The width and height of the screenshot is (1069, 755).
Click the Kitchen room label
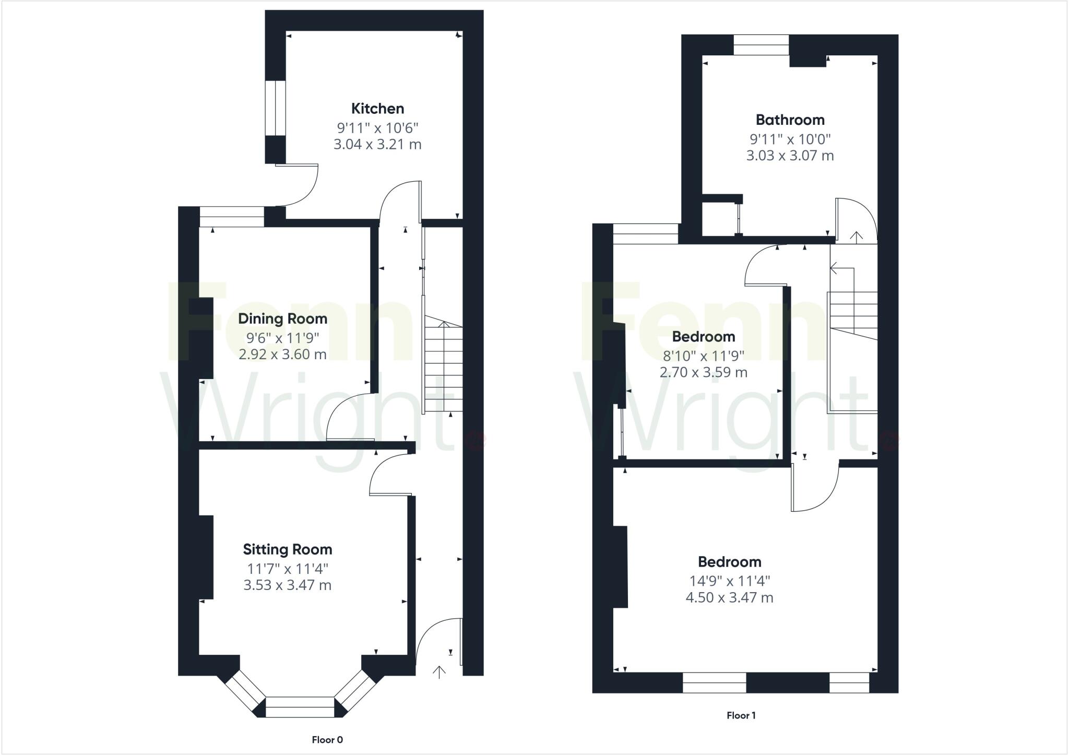tap(377, 109)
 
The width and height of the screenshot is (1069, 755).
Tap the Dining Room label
tap(282, 318)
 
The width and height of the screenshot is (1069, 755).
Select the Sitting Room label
tap(287, 549)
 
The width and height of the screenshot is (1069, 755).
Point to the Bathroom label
tap(790, 120)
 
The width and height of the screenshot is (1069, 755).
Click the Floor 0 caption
tap(327, 739)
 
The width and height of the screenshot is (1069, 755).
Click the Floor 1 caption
tap(741, 715)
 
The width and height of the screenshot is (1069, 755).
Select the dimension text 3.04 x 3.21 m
tap(377, 144)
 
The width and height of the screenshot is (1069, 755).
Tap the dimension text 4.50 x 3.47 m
tap(729, 597)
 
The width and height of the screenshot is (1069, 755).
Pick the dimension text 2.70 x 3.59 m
tap(703, 372)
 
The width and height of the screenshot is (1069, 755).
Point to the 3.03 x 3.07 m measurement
tap(790, 156)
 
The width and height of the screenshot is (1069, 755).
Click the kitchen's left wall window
tap(275, 109)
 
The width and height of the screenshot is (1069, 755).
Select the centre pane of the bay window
tap(300, 707)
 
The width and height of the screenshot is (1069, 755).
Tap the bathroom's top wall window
tap(761, 45)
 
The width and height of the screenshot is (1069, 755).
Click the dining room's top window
tap(232, 217)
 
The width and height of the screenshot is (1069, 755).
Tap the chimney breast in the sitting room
tap(206, 557)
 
